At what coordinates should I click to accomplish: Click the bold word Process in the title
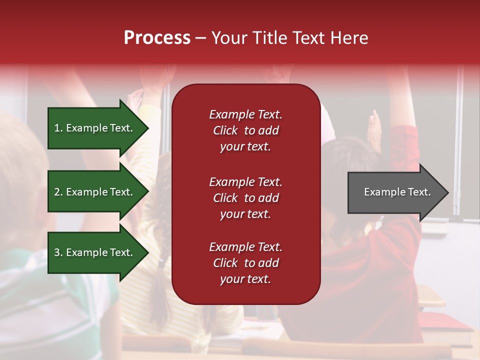157,38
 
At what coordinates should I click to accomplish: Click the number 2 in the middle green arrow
57,192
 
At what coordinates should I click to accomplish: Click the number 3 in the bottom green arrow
57,252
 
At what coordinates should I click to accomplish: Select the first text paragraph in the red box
245,130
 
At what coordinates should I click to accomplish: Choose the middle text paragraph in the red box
245,198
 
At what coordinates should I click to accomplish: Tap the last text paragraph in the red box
245,263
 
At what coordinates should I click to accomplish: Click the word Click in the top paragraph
225,130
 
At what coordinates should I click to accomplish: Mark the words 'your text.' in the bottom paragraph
245,279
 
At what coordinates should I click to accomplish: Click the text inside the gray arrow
397,192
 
